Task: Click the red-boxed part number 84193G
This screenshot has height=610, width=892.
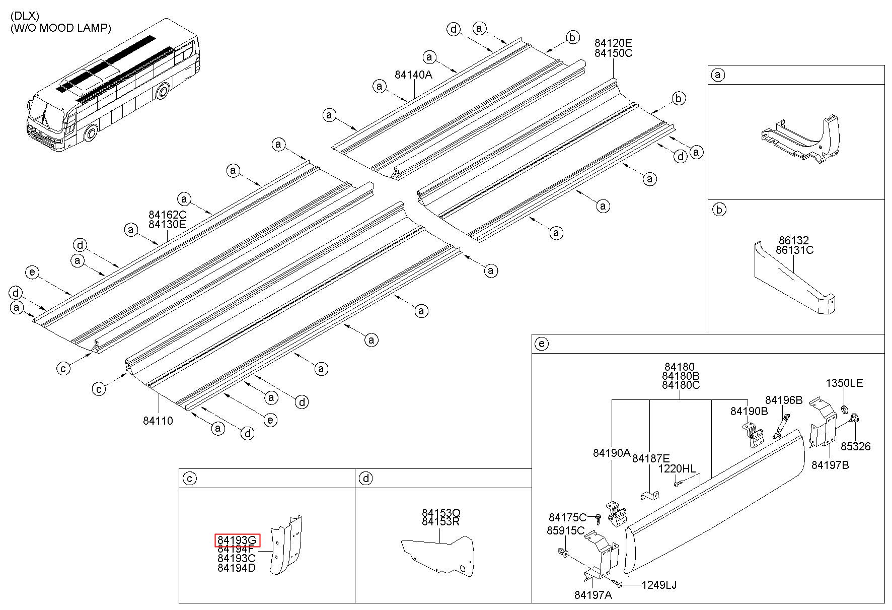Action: tap(237, 540)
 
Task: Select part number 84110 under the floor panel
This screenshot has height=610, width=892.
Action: tap(158, 420)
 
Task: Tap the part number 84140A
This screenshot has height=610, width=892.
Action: tap(413, 75)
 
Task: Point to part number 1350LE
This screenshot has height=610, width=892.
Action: tap(844, 383)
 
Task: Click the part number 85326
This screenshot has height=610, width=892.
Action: tap(855, 446)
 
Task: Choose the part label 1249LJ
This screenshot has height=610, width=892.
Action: tap(659, 585)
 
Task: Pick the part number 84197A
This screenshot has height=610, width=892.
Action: tap(593, 595)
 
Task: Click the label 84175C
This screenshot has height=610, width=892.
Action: tap(567, 517)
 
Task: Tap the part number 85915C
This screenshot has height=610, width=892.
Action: tap(565, 530)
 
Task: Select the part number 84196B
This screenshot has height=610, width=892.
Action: tap(784, 400)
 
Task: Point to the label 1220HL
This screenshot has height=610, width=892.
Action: tap(677, 469)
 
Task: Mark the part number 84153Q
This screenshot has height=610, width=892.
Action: tap(441, 513)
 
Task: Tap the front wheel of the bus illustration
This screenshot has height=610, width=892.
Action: tap(91, 134)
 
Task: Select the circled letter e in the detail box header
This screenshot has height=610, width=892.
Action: tap(542, 344)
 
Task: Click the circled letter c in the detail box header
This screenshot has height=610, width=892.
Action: tap(189, 478)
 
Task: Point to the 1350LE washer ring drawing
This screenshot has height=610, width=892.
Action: tap(845, 407)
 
